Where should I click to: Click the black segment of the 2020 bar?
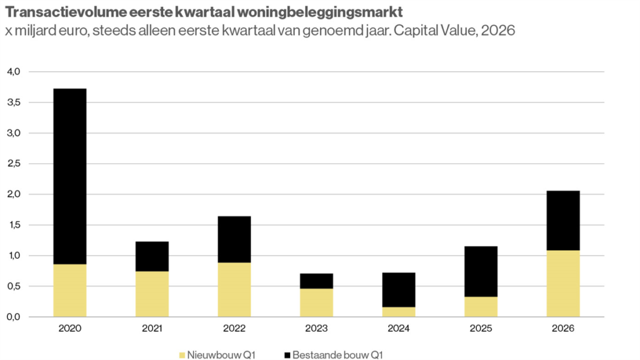[x=70, y=176]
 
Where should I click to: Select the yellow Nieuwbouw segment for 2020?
[x=70, y=291]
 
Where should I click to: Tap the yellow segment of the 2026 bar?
[x=563, y=284]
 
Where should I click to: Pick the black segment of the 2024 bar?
[x=399, y=289]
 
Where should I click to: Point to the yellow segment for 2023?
[x=316, y=302]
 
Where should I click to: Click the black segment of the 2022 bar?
[x=234, y=239]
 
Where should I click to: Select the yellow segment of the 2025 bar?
[x=481, y=307]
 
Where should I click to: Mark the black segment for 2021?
[x=152, y=256]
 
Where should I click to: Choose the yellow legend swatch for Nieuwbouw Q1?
[x=182, y=355]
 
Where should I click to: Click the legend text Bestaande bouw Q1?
[x=338, y=355]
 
